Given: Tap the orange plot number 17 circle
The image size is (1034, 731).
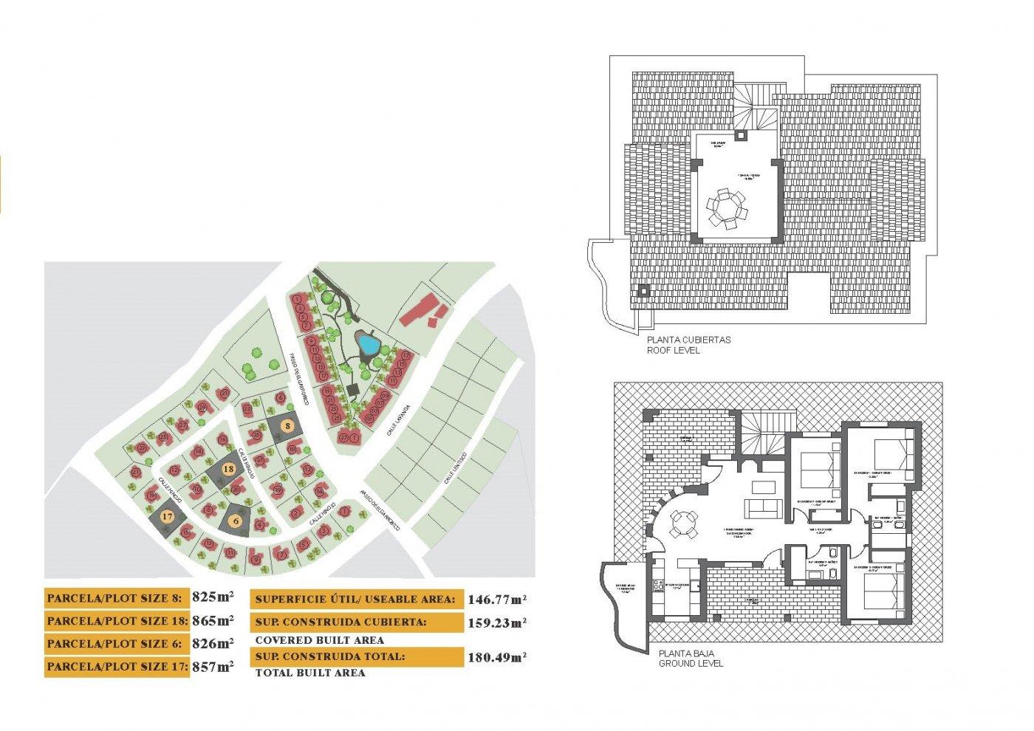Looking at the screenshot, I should tap(168, 517).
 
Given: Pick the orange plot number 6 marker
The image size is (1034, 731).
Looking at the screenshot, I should tap(236, 521).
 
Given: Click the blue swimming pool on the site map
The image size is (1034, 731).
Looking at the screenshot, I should tap(366, 343).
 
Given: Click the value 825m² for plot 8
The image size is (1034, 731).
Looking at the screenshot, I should tap(213, 597).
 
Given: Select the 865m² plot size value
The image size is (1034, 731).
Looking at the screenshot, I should tap(213, 620).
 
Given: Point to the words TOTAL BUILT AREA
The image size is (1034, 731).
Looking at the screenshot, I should tap(310, 673).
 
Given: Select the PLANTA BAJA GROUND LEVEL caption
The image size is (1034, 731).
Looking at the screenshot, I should tap(691, 659).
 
